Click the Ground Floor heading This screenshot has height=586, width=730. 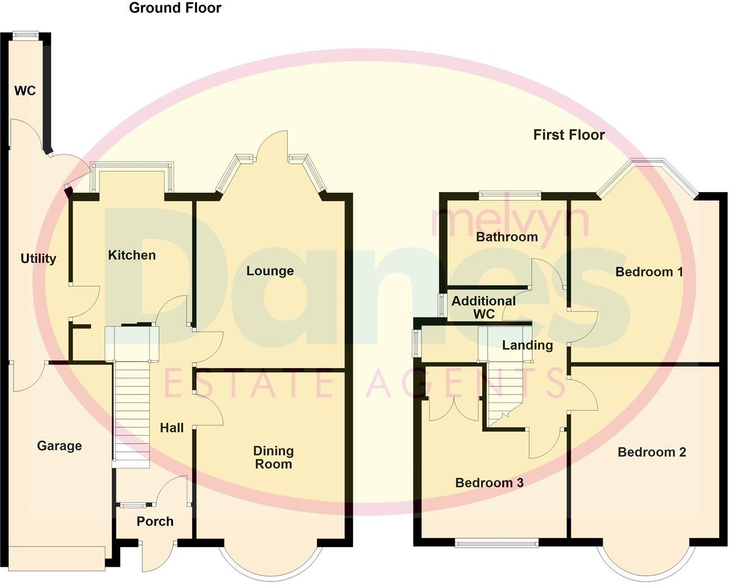click(175, 8)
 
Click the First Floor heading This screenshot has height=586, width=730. click(569, 135)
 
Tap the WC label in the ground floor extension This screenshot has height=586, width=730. click(25, 91)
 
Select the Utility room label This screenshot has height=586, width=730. click(38, 259)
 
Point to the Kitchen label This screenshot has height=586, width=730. click(132, 255)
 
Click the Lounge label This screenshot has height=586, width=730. click(270, 271)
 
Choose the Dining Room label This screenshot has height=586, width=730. click(273, 458)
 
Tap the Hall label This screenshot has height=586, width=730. click(172, 428)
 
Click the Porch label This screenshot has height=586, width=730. click(155, 522)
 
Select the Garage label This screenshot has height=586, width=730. click(59, 446)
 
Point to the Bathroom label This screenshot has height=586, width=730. click(507, 237)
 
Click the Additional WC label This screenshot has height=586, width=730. click(483, 308)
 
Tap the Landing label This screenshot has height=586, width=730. click(527, 345)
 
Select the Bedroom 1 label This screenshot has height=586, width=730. click(649, 272)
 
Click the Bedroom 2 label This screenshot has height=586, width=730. click(652, 452)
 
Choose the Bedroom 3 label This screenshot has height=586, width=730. click(489, 483)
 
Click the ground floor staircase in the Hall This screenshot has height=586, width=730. click(132, 411)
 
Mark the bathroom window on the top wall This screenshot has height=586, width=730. click(510, 196)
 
